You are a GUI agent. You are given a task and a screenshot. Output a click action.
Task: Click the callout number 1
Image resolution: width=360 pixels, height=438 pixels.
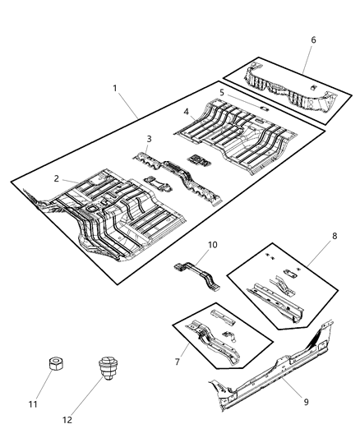(x=115, y=87)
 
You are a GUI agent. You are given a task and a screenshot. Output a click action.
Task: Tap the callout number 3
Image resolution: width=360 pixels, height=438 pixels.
(x=147, y=139)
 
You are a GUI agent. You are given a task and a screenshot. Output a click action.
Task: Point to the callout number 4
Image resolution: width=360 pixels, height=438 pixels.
(x=187, y=110)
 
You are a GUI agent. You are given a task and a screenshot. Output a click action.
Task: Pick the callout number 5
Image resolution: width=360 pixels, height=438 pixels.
(x=220, y=92)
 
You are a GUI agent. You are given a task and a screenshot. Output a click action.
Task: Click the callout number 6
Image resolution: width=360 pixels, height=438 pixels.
(x=312, y=39)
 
